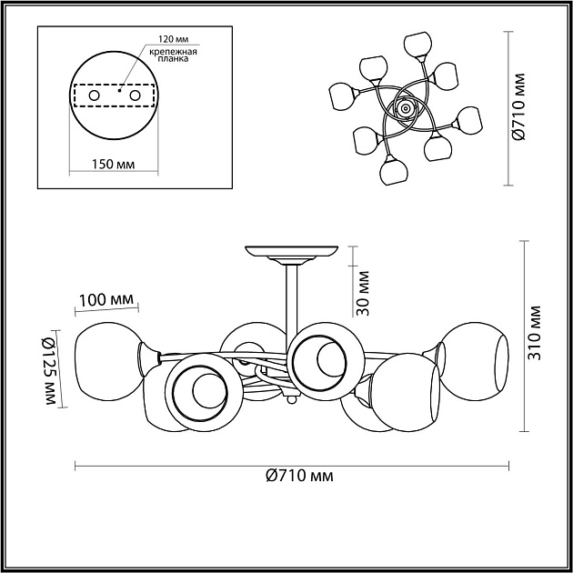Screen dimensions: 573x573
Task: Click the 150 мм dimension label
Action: coord(113,164)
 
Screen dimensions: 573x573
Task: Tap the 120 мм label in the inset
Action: coord(173,39)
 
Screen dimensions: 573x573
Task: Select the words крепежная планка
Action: coord(173,55)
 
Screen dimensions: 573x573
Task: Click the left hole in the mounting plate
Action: coord(95,95)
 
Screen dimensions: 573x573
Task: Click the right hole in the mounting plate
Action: coord(135,95)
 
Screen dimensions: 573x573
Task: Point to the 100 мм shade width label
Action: coord(106,300)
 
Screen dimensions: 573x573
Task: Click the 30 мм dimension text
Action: coord(363,293)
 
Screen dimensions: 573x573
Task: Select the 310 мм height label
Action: coord(534,333)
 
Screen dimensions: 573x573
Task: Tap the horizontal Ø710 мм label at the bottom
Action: coord(299,476)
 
